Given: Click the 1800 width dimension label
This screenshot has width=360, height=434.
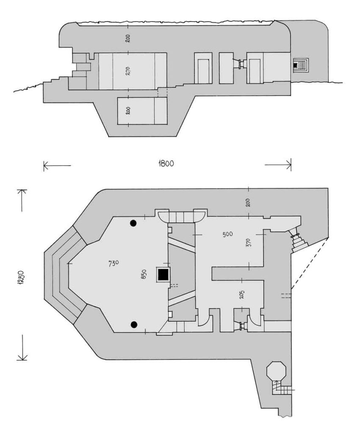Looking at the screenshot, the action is click(x=166, y=164).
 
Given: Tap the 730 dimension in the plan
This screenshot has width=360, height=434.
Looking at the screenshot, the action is click(x=114, y=263).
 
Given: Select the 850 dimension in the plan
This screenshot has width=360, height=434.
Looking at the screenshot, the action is click(x=144, y=274).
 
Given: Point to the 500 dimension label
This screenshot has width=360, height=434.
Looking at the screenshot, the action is click(x=227, y=234).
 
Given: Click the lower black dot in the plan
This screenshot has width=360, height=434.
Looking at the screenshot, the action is click(x=134, y=324).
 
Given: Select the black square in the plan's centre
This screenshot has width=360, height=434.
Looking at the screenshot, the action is click(x=163, y=275).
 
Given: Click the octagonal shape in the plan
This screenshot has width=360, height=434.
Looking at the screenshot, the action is click(x=277, y=370).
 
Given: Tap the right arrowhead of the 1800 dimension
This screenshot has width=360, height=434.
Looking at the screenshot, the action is click(x=290, y=165).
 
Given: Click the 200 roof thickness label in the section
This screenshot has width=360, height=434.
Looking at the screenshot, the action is click(x=127, y=38).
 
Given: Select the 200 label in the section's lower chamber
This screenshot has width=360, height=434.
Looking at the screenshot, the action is click(x=127, y=111).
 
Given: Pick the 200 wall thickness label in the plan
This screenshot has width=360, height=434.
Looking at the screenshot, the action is click(x=248, y=202).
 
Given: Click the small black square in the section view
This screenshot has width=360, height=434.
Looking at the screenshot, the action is click(x=295, y=65).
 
